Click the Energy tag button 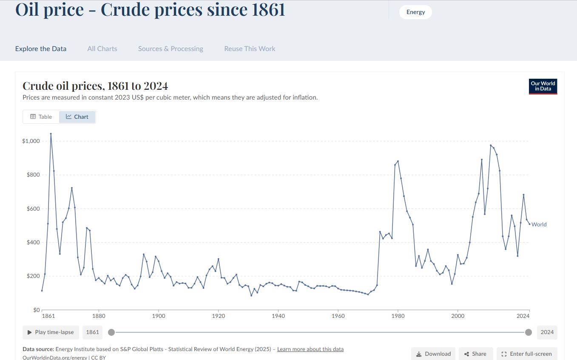(415, 12)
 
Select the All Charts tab (102, 49)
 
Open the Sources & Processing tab (171, 49)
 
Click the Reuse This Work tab (250, 49)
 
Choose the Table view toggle (41, 117)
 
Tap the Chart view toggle (77, 117)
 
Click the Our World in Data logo (543, 86)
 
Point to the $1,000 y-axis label (31, 141)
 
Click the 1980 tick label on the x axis (398, 316)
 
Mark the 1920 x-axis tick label (218, 316)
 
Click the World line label (539, 224)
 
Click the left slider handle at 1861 (111, 332)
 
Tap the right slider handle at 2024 (529, 332)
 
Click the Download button (433, 354)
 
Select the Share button (475, 354)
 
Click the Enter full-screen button (527, 354)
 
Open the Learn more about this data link (310, 349)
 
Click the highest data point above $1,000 (51, 134)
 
